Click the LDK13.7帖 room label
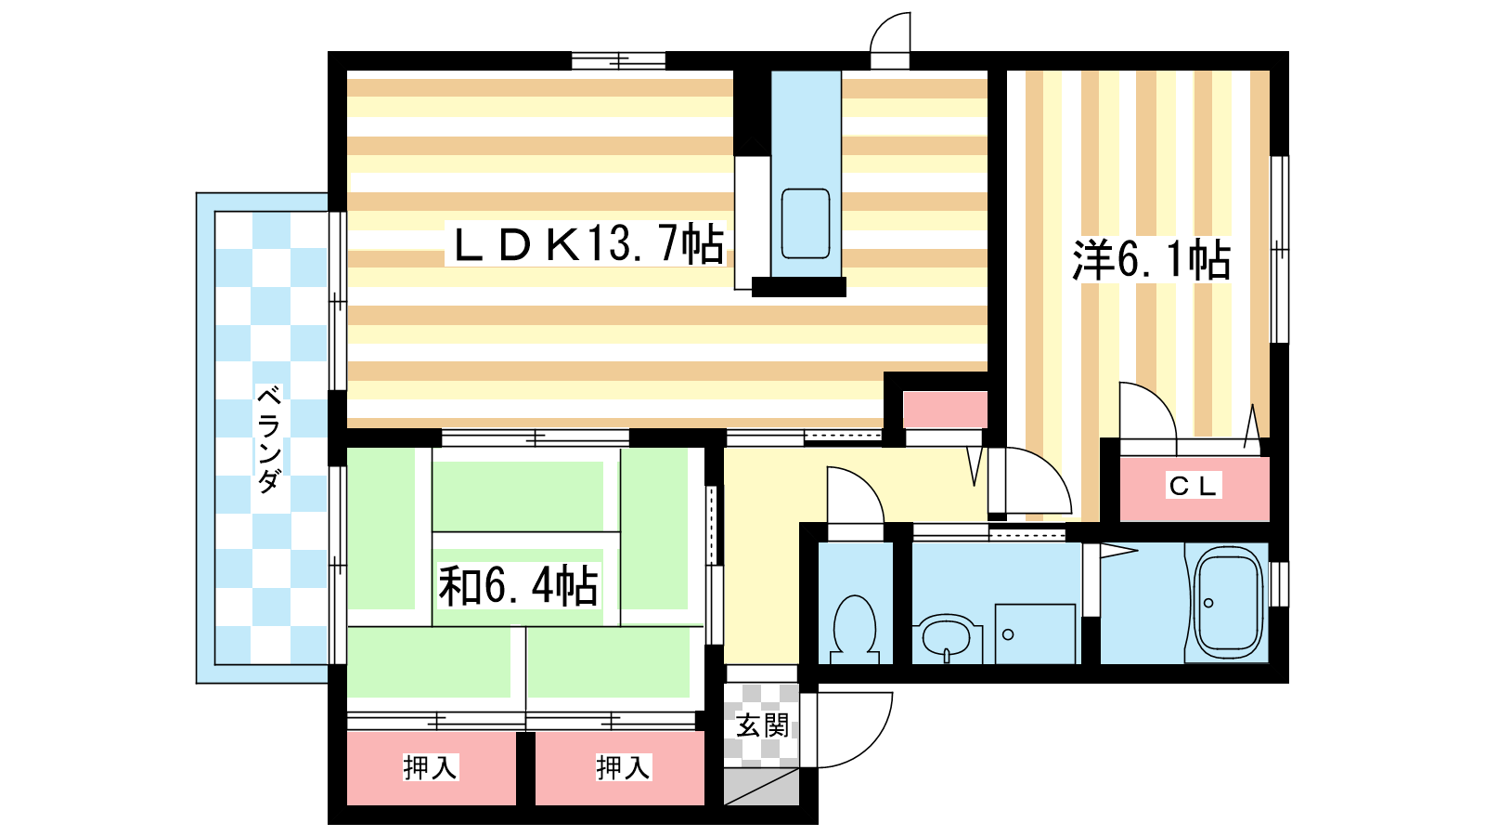tap(588, 243)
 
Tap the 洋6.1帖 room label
tap(1152, 259)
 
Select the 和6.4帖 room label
tap(518, 585)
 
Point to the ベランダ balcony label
tap(268, 438)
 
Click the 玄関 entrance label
tap(762, 725)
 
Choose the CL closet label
tap(1193, 486)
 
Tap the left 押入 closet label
tap(431, 767)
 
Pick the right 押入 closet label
tap(623, 767)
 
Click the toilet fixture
tap(855, 629)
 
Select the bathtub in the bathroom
tap(1227, 603)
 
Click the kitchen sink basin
tap(806, 224)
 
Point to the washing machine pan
tap(1035, 634)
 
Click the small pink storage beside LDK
tap(945, 410)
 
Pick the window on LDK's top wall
tap(618, 60)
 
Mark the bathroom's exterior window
tap(1280, 584)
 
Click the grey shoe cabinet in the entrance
tap(761, 787)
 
